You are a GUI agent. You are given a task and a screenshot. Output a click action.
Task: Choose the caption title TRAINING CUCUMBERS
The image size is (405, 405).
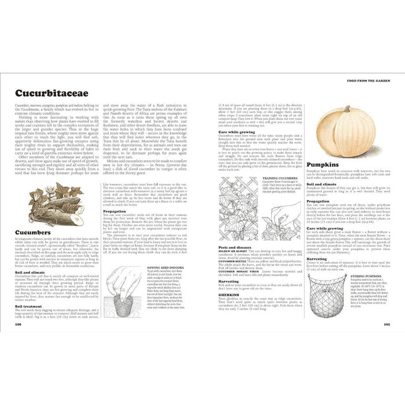coord(279,179)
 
